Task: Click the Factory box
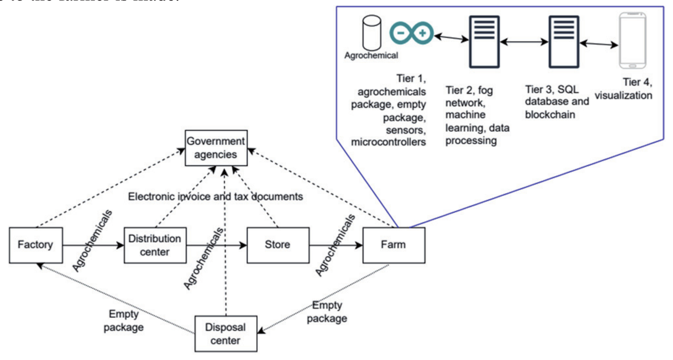(36, 245)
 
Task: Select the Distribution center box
(155, 245)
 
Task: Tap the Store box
(278, 245)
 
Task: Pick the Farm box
(393, 245)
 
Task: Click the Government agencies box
(216, 148)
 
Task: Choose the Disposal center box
(226, 334)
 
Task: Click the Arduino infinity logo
(411, 33)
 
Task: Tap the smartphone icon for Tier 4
(632, 41)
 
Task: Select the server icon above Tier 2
(484, 42)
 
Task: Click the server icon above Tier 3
(564, 42)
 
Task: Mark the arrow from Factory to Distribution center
(93, 245)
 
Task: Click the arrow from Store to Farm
(336, 245)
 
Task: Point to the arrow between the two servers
(524, 42)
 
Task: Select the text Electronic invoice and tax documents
(215, 197)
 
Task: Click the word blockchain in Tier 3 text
(550, 115)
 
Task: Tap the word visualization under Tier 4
(623, 96)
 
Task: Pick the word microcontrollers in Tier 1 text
(388, 142)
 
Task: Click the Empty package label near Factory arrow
(123, 321)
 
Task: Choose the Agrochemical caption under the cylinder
(371, 56)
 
